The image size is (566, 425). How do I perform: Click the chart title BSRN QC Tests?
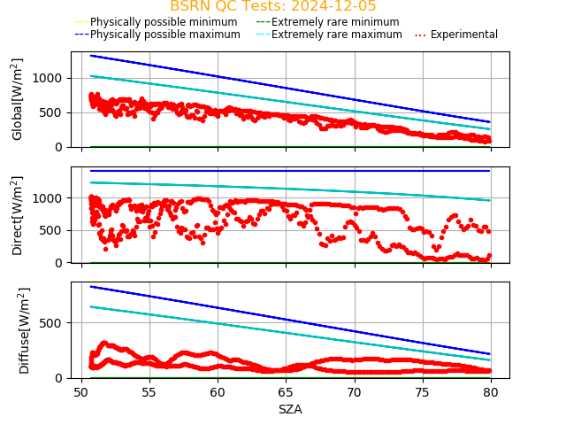pyautogui.click(x=272, y=6)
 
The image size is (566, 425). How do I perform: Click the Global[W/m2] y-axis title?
pyautogui.click(x=18, y=99)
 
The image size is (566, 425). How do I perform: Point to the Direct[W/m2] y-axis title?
pyautogui.click(x=18, y=215)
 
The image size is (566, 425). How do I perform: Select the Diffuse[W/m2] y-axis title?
pyautogui.click(x=25, y=330)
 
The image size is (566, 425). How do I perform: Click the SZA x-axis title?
pyautogui.click(x=290, y=409)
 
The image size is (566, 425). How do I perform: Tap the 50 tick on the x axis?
pyautogui.click(x=80, y=390)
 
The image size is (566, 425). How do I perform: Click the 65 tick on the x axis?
pyautogui.click(x=286, y=390)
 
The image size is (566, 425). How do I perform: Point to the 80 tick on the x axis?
pyautogui.click(x=491, y=390)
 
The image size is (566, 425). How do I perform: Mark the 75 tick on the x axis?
pyautogui.click(x=423, y=390)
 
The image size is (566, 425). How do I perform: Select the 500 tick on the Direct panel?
pyautogui.click(x=56, y=230)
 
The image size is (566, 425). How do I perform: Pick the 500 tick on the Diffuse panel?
pyautogui.click(x=56, y=323)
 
